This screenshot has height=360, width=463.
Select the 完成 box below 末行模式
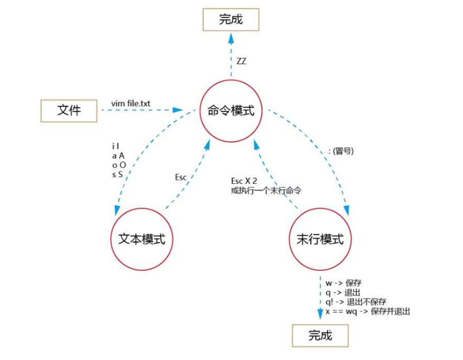tap(320, 335)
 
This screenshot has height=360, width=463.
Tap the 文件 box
tap(69, 110)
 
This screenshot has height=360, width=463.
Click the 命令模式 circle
tap(231, 111)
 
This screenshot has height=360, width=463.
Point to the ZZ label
tap(242, 61)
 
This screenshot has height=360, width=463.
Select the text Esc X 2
tap(244, 182)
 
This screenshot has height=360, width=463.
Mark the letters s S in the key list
tap(117, 175)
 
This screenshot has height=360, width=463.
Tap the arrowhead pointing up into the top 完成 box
tap(230, 37)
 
